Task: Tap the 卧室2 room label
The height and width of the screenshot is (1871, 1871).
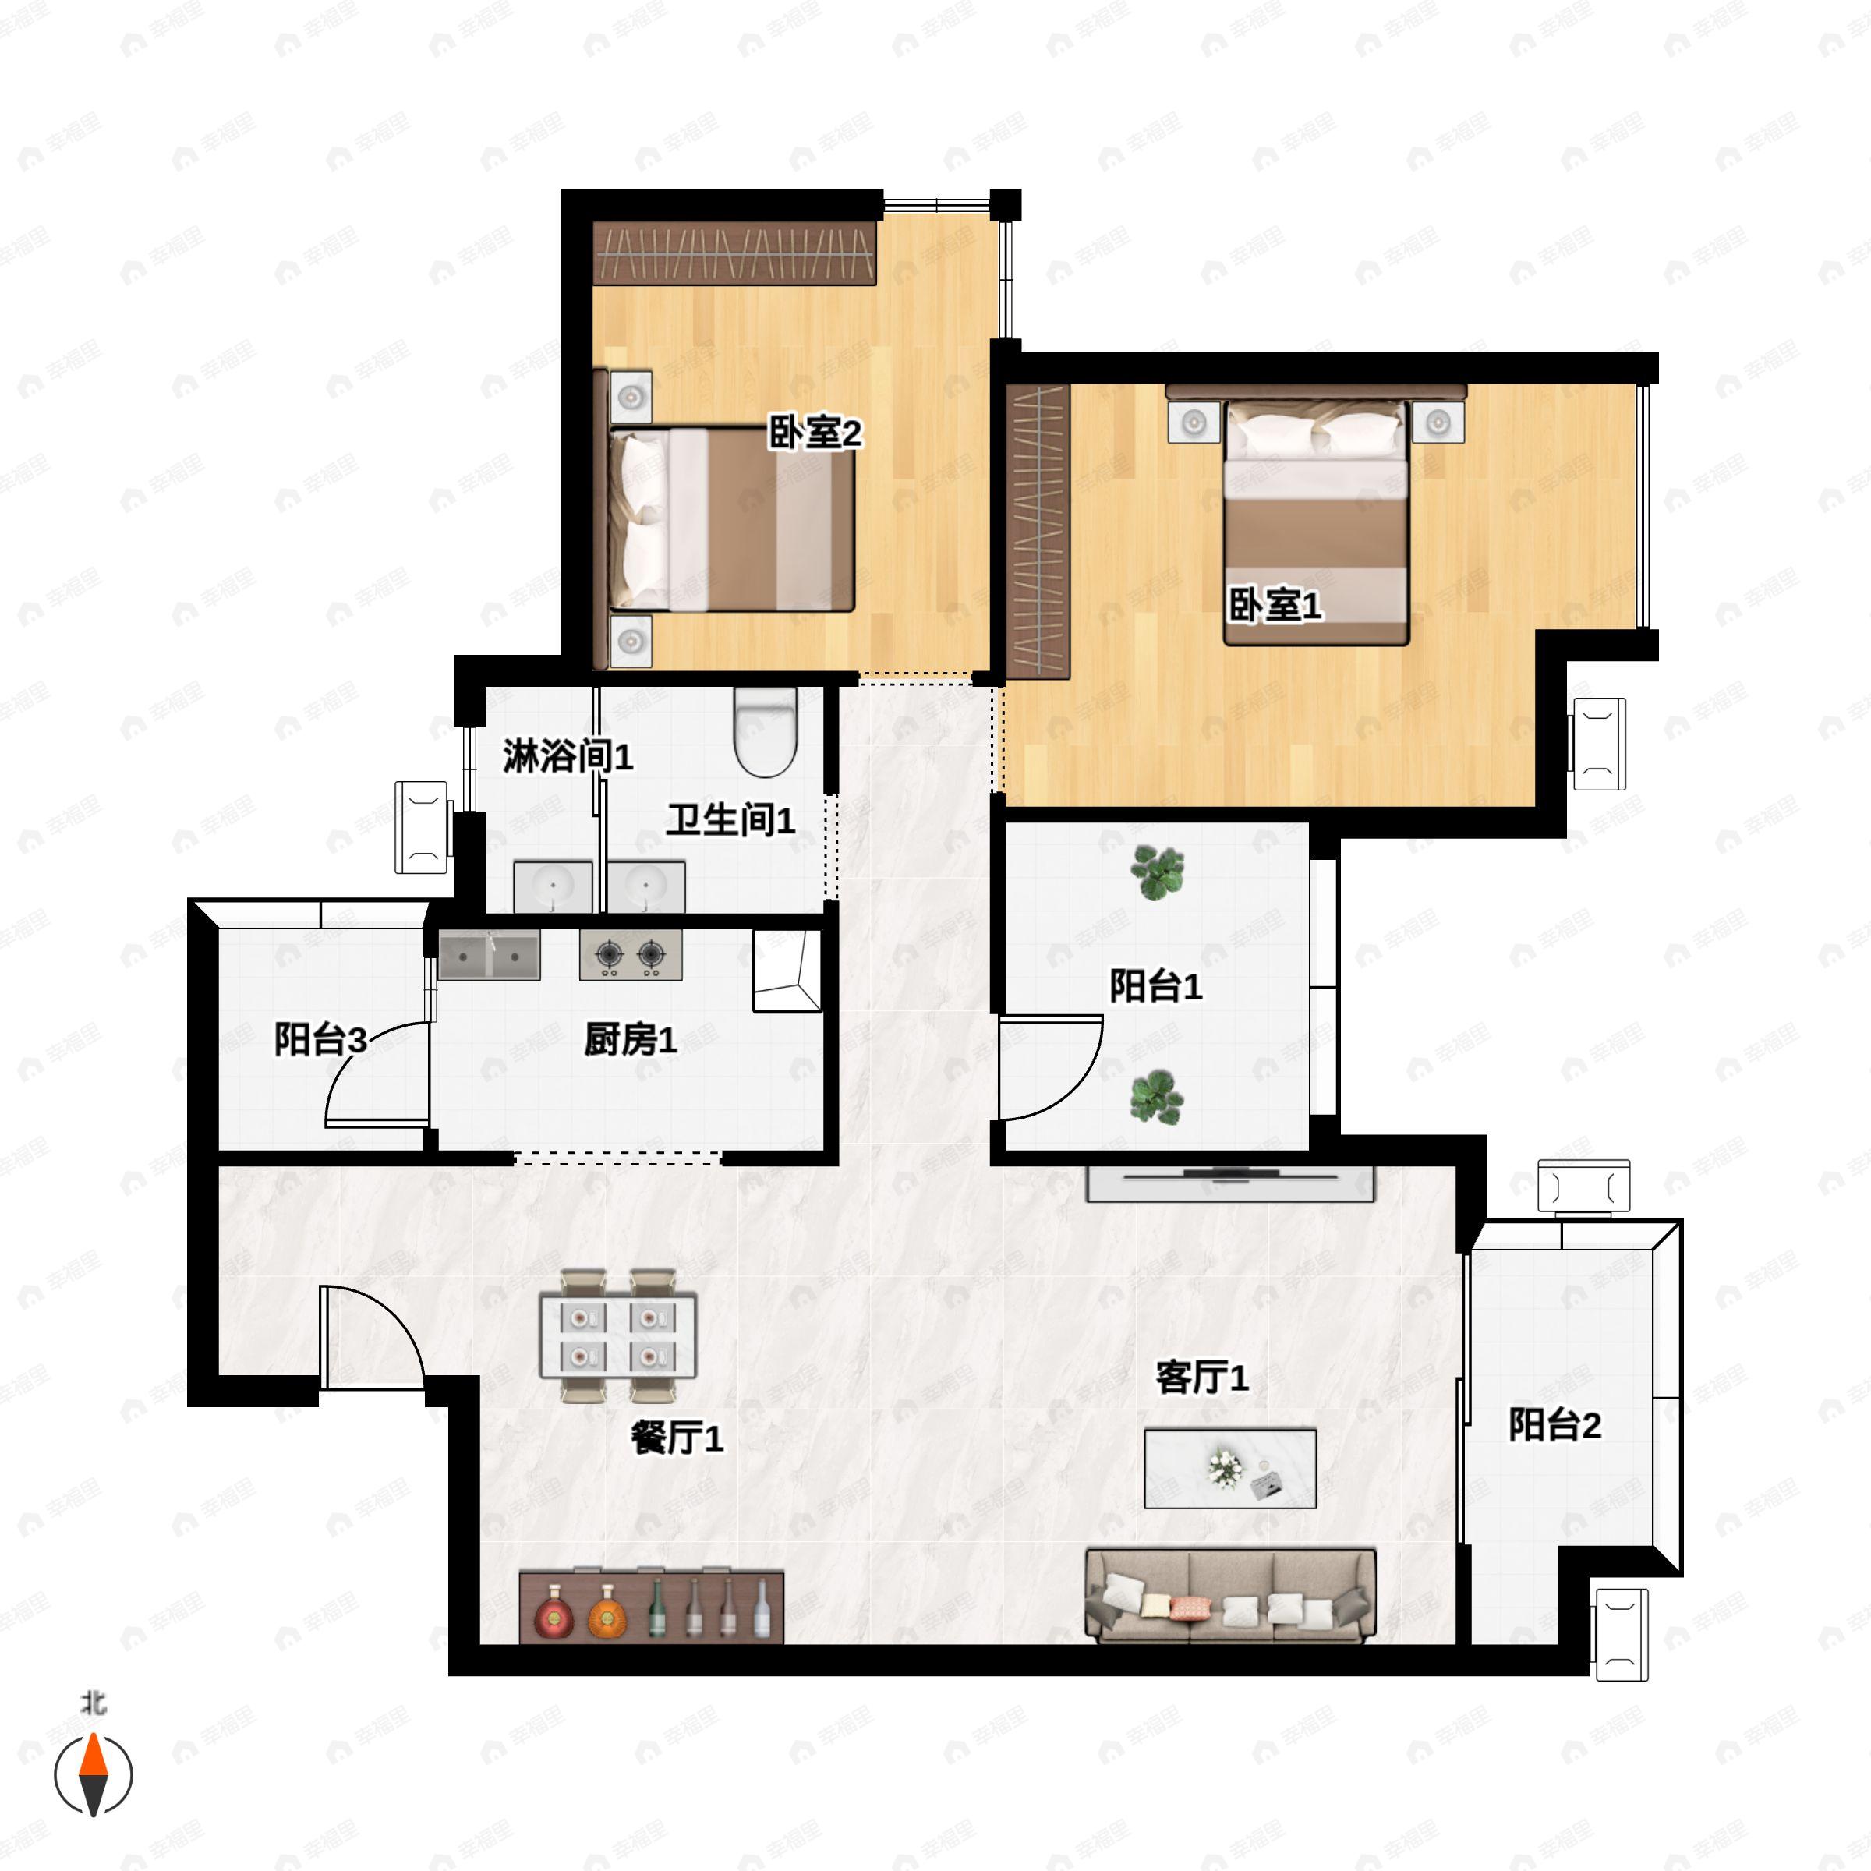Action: pyautogui.click(x=815, y=432)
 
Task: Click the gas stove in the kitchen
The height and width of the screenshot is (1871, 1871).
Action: pyautogui.click(x=631, y=955)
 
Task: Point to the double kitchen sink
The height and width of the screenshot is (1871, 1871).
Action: pyautogui.click(x=489, y=956)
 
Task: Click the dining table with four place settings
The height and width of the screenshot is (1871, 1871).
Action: pyautogui.click(x=618, y=1336)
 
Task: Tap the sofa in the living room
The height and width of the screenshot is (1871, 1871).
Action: pyautogui.click(x=1230, y=1595)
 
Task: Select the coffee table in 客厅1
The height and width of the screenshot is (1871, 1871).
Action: pyautogui.click(x=1230, y=1468)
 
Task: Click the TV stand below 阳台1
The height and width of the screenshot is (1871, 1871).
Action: pyautogui.click(x=1230, y=1183)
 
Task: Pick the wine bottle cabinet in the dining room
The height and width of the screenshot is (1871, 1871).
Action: pyautogui.click(x=652, y=1607)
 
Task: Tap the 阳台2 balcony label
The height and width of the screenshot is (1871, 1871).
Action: pyautogui.click(x=1554, y=1424)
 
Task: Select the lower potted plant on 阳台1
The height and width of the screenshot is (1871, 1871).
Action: pyautogui.click(x=1156, y=1097)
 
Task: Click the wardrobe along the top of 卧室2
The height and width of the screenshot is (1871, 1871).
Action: pyautogui.click(x=735, y=253)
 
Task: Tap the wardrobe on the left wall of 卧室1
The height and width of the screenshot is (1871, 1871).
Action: pyautogui.click(x=1038, y=532)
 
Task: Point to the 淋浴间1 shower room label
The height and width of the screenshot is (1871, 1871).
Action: pyautogui.click(x=568, y=755)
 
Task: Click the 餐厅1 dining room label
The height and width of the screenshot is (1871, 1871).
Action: pyautogui.click(x=677, y=1438)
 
